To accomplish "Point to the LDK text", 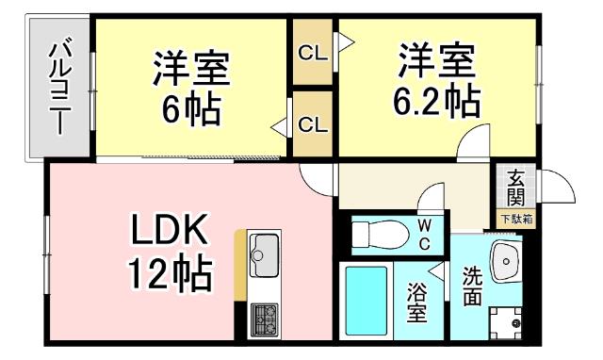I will click(174, 231).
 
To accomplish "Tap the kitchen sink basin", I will click(263, 253).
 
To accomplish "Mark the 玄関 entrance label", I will click(515, 188).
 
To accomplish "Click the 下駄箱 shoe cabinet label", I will click(515, 219).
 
